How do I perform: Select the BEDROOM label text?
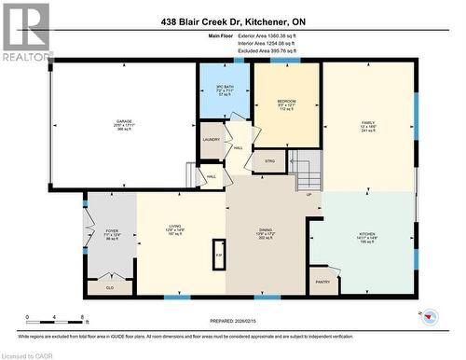tap(286, 101)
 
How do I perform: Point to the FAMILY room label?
tap(367, 122)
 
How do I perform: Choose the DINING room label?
tap(266, 228)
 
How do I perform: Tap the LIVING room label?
tap(173, 225)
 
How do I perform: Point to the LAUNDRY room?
tap(212, 141)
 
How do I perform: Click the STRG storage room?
tap(268, 161)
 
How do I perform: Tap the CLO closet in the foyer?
tap(109, 287)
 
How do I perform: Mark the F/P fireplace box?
tap(219, 254)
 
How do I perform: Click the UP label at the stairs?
tap(309, 196)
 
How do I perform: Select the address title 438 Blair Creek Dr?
tap(233, 21)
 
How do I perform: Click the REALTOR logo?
tap(25, 32)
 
